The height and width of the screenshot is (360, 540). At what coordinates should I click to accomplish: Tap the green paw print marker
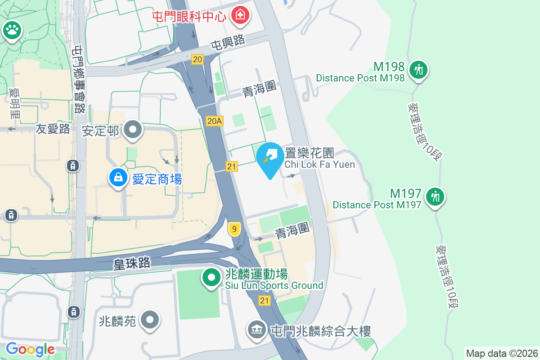click(12, 30)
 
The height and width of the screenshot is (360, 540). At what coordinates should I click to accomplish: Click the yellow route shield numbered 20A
click(215, 121)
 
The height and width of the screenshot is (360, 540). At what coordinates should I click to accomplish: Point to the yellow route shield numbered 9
click(233, 229)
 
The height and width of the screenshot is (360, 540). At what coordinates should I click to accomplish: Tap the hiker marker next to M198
click(418, 69)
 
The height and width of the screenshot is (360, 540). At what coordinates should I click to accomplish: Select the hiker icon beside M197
click(435, 196)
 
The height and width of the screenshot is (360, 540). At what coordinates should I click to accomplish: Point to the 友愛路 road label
click(53, 129)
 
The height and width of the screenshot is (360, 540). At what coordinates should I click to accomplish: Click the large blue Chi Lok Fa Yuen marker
click(270, 157)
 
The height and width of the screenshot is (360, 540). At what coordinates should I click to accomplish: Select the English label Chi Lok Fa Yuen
click(319, 164)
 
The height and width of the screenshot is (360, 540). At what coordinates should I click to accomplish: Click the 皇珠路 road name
click(132, 263)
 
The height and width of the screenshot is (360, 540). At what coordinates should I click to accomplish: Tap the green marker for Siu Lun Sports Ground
click(211, 277)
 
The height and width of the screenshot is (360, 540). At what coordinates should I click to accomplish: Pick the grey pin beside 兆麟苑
click(149, 320)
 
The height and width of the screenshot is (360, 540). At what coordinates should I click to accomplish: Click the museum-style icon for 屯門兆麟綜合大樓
click(256, 330)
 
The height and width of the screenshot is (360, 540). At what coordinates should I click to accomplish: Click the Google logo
click(30, 349)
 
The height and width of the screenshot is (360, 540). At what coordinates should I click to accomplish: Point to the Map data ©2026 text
click(502, 353)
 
